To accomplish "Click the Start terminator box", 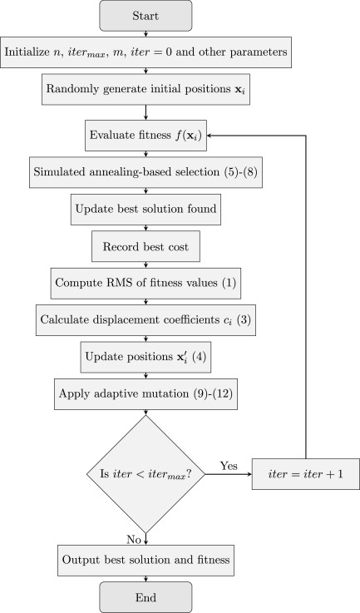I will pos(146,15).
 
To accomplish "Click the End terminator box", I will pos(146,596).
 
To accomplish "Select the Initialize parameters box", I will pos(146,52).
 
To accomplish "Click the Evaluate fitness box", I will pos(146,133).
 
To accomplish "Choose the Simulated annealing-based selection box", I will pos(146,172).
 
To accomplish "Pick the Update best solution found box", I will pos(146,210).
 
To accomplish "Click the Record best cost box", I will pos(146,247).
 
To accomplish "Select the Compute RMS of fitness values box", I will pos(146,284).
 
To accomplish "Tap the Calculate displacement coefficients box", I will pos(146,320).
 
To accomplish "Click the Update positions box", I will pos(146,358).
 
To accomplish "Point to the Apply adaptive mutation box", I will pos(146,394).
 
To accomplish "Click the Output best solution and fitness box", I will pos(146,559).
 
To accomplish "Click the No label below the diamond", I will pos(133,540).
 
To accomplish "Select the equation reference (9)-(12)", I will pos(211,394).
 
